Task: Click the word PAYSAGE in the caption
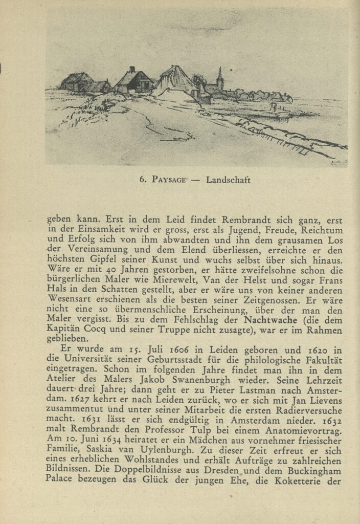[x=169, y=180]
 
